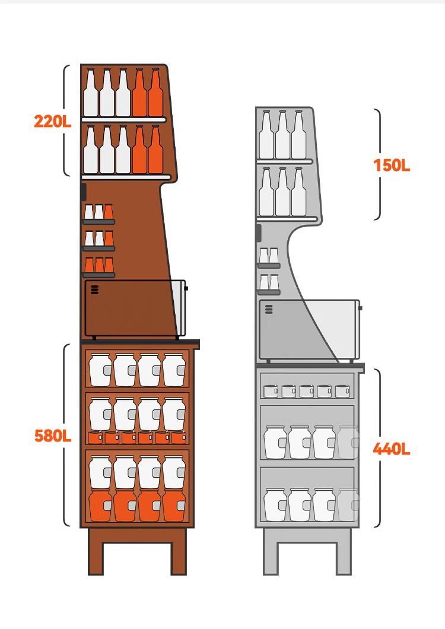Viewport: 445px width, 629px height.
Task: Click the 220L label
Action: click(52, 122)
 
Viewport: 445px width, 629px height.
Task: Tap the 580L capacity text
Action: click(53, 436)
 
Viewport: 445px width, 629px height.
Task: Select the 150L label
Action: click(392, 165)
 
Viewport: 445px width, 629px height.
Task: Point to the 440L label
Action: click(392, 449)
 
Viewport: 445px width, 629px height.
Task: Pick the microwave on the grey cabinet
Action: click(309, 329)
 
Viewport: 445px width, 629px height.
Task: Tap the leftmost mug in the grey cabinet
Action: click(271, 391)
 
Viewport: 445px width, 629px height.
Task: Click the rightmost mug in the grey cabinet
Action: click(342, 391)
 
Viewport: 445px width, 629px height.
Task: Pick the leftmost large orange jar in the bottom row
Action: click(100, 506)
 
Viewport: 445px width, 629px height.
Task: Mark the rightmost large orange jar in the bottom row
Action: click(174, 506)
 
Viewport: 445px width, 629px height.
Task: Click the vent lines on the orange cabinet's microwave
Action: click(95, 290)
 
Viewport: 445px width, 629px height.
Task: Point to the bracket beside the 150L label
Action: click(378, 164)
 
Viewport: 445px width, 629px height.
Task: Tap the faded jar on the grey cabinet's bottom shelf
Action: click(348, 504)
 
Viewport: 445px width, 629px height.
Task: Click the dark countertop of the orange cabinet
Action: click(141, 344)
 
